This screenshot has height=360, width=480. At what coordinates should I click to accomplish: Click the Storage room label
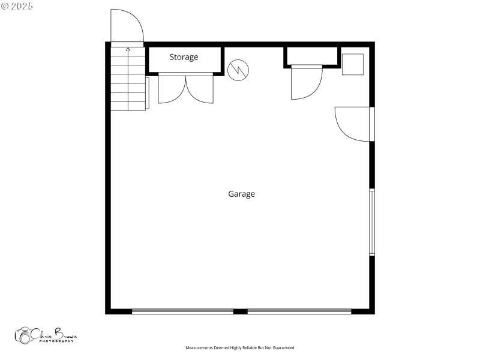click(184, 58)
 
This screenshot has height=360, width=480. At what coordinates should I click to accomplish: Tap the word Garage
click(241, 194)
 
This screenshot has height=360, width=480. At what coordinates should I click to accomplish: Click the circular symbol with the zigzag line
click(238, 70)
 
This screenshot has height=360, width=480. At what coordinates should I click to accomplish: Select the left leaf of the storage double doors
click(172, 89)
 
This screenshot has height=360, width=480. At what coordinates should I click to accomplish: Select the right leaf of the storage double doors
click(199, 89)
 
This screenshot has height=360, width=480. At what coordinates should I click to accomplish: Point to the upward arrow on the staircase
click(127, 50)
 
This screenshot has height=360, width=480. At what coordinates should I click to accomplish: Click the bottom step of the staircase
click(128, 106)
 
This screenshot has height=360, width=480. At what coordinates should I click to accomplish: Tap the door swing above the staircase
click(127, 27)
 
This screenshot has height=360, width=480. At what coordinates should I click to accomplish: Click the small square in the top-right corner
click(353, 64)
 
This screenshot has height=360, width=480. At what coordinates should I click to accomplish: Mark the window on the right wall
click(372, 222)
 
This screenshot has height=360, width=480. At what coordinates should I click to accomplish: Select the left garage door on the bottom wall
click(182, 311)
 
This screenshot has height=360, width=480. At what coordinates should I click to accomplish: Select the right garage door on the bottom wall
click(299, 311)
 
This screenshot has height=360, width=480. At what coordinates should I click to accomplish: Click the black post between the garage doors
click(240, 311)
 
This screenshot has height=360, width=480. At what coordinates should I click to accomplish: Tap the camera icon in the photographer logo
click(25, 335)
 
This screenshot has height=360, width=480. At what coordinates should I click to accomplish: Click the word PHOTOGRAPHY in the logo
click(57, 341)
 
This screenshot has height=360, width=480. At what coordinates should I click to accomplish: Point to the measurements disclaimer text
click(240, 348)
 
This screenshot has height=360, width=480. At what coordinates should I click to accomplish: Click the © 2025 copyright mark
click(17, 6)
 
